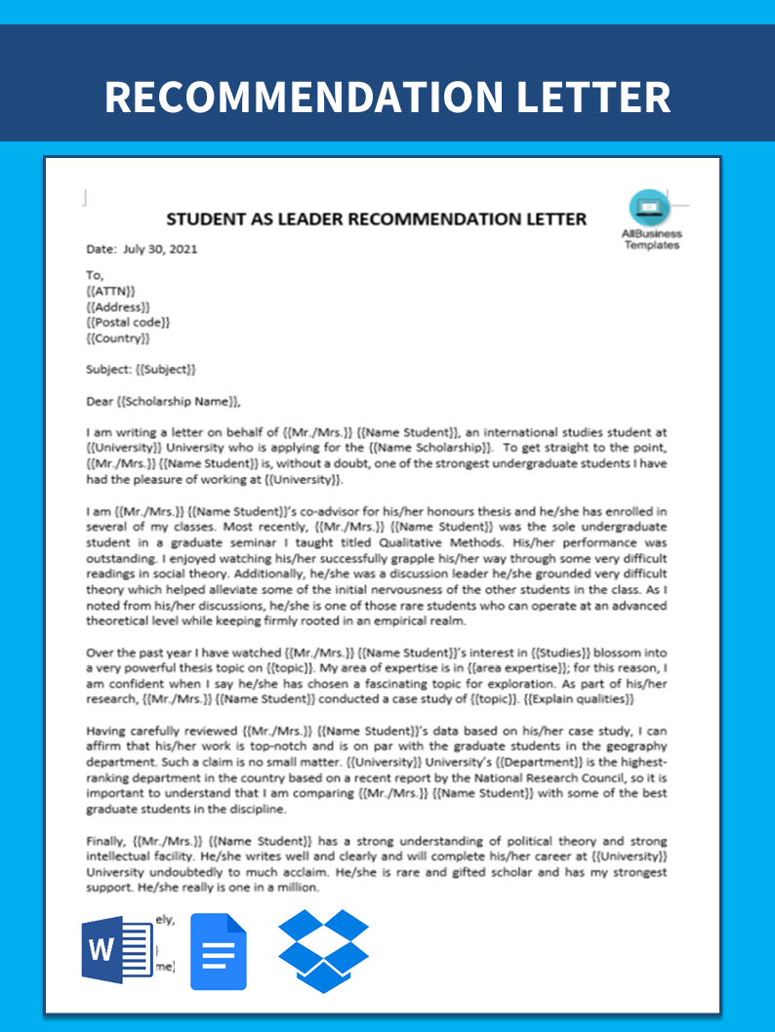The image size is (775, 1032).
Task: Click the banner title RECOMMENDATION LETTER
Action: pos(387,98)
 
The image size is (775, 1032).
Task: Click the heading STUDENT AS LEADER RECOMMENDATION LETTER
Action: pos(376,218)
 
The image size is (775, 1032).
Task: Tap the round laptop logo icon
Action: pos(646,207)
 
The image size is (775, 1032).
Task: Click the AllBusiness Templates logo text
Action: pos(651,240)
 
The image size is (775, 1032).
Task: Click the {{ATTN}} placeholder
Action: pos(110,292)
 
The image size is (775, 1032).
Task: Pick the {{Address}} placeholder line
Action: pos(118,307)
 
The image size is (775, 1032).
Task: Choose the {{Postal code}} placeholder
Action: pos(128,323)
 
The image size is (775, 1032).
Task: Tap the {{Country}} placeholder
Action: pos(118,338)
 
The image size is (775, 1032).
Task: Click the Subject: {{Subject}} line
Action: pos(141,370)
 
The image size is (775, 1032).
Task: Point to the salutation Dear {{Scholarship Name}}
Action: pos(163,401)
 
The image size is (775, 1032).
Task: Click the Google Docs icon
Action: pos(218,952)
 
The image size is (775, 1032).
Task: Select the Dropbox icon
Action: pos(324,951)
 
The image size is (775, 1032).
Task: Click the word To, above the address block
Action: pos(95,276)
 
